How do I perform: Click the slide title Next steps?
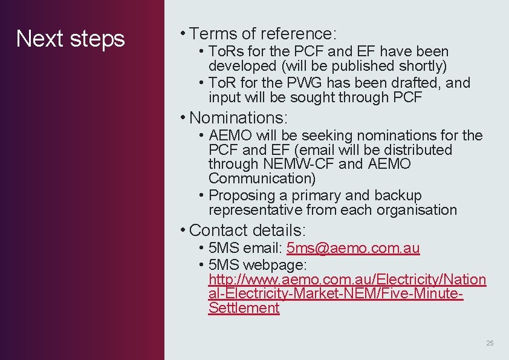click(x=70, y=39)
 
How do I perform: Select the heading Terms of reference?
click(x=263, y=33)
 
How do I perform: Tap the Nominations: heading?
click(x=238, y=117)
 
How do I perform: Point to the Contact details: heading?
click(x=247, y=230)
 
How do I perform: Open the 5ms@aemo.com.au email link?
click(x=353, y=248)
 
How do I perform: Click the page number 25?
click(x=490, y=343)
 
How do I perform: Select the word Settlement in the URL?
click(x=244, y=308)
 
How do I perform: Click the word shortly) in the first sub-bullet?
click(x=423, y=65)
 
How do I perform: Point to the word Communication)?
click(x=262, y=178)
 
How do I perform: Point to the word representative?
click(x=255, y=210)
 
